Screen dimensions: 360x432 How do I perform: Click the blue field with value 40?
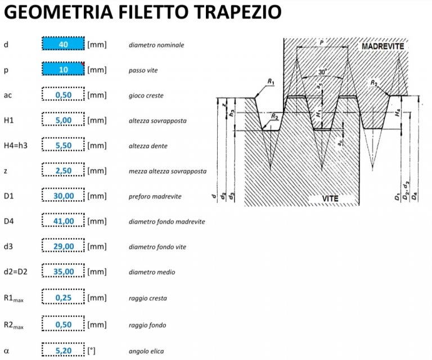coord(63,44)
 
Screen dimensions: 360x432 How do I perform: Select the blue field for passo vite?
coord(63,70)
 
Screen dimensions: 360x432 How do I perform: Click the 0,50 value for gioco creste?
coord(63,95)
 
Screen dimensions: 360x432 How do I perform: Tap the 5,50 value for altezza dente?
coord(63,146)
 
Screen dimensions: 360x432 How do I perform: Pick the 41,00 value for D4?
coord(63,221)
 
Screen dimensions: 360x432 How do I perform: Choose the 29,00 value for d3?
coord(63,246)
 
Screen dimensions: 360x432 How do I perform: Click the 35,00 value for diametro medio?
coord(63,272)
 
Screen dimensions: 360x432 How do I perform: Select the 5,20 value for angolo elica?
coord(63,350)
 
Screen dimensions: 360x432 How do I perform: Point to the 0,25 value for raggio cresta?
coord(63,298)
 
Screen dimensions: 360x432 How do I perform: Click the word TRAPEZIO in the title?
coord(233,12)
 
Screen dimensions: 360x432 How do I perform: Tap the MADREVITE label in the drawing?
coord(383,46)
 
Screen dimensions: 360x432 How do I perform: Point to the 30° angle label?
coord(322,73)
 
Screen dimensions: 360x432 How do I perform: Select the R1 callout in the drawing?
coord(271,82)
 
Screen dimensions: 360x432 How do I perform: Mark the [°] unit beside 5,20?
coord(92,350)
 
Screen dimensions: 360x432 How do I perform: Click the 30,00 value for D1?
coord(63,196)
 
